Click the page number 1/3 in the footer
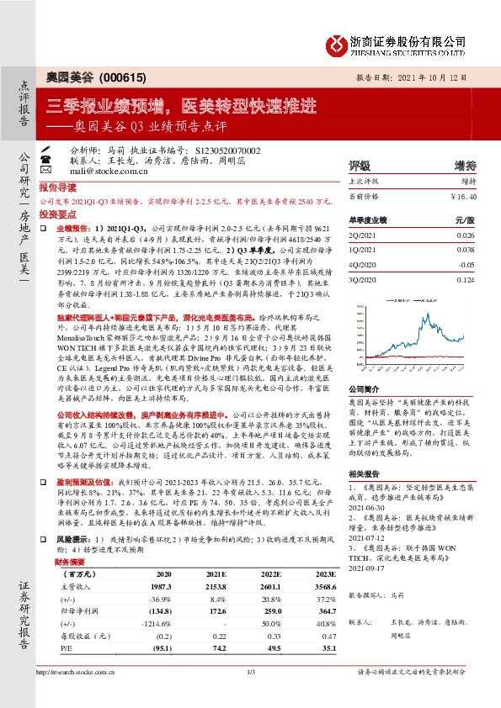250,695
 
